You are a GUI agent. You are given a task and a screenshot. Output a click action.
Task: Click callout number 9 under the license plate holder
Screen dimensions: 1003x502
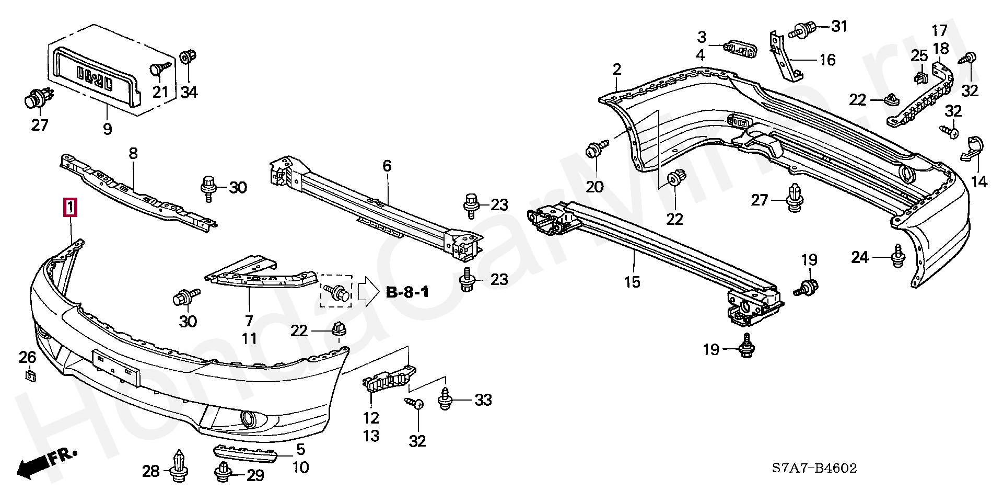click(x=107, y=128)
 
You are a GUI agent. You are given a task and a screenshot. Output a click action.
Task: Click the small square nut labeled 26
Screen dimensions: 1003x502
click(x=30, y=375)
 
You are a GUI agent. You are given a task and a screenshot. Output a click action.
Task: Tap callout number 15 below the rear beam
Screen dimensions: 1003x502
click(x=632, y=282)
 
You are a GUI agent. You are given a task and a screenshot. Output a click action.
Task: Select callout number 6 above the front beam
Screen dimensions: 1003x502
click(x=387, y=166)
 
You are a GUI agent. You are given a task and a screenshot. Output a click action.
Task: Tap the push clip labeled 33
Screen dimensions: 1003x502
click(x=446, y=400)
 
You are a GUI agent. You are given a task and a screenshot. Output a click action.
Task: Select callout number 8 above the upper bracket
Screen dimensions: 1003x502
click(x=133, y=153)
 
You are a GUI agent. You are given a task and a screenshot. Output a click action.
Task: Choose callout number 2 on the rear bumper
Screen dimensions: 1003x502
click(x=617, y=70)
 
